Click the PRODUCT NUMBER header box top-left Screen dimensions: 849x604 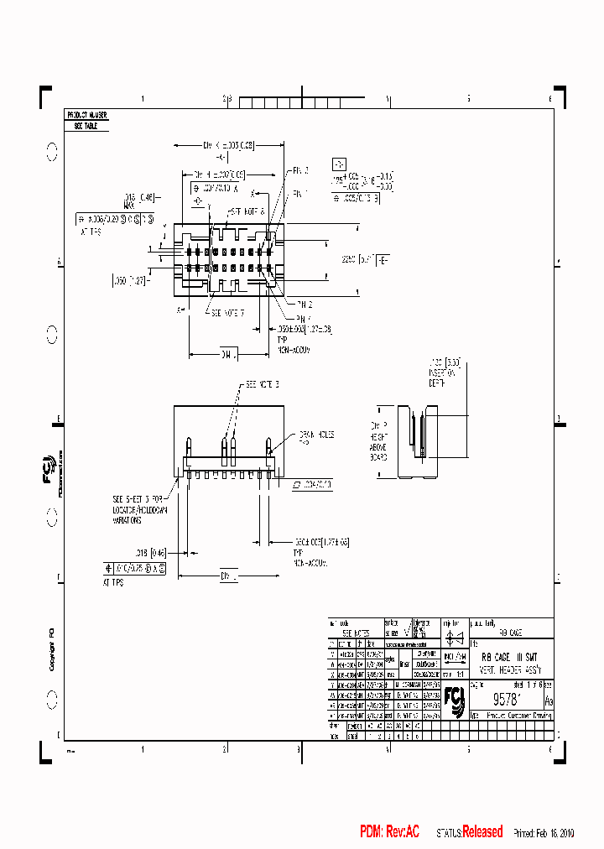click(x=86, y=114)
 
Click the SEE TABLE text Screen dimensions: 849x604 click(x=81, y=125)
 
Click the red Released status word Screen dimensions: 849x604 click(x=482, y=832)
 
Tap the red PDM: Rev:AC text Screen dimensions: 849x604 click(x=389, y=832)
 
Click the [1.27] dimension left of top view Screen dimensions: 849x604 click(x=128, y=281)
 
